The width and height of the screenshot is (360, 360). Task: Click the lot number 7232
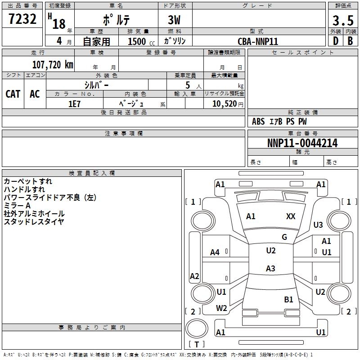(x=22, y=20)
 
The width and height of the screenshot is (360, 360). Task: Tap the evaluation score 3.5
(x=342, y=21)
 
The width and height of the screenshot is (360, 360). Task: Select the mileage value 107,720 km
(x=53, y=65)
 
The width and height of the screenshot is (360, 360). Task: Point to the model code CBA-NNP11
(x=258, y=41)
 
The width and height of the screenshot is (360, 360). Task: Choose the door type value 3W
(x=175, y=21)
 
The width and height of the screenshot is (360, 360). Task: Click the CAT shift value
(x=13, y=94)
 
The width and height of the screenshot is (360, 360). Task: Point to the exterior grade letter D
(x=335, y=41)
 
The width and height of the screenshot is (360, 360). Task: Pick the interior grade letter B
(x=350, y=41)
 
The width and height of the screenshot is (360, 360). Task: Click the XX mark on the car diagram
(x=291, y=216)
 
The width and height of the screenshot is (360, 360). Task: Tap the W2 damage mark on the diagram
(x=221, y=308)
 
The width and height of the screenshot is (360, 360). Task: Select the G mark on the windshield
(x=284, y=237)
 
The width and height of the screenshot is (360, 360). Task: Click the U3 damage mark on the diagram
(x=318, y=225)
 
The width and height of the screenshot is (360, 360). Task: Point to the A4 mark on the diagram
(x=215, y=252)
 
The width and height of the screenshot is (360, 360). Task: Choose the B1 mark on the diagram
(x=288, y=299)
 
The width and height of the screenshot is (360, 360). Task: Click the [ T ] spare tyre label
(x=197, y=344)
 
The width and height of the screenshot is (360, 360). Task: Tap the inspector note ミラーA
(x=17, y=206)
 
